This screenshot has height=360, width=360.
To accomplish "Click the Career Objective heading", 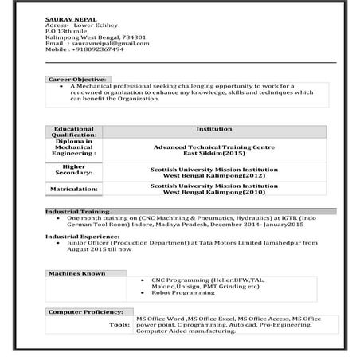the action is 76,80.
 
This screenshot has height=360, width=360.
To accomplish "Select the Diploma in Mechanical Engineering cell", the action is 75,149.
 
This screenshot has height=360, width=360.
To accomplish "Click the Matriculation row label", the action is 75,189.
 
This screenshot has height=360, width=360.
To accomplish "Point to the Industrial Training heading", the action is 76,211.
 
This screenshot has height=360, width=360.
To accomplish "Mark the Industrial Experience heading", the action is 81,237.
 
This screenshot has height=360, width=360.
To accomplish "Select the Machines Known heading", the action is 76,273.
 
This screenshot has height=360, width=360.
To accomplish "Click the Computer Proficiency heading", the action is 85,311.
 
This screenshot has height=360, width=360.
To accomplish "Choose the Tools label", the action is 119,325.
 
